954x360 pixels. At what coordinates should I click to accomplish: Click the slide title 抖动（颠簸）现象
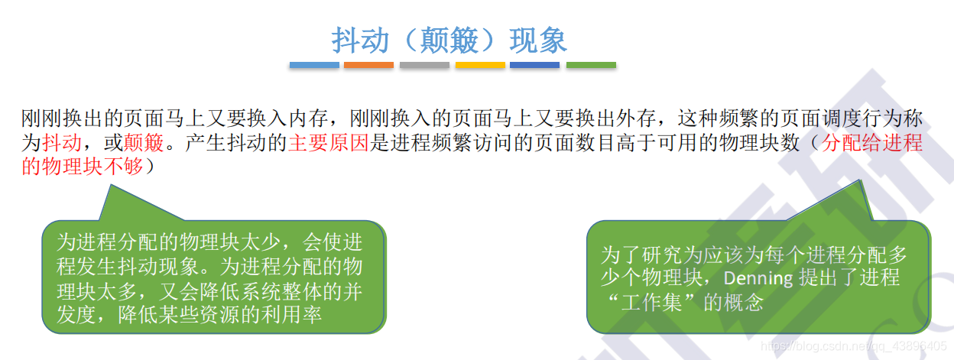click(449, 40)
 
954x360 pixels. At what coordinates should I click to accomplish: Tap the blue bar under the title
click(313, 66)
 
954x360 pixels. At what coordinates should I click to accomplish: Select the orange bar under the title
click(368, 66)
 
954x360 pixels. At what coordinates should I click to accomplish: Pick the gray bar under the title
click(423, 66)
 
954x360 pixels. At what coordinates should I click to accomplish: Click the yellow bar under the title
click(480, 66)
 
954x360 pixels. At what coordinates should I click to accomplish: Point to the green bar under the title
click(591, 66)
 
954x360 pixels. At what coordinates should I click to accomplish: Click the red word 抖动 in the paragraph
click(62, 142)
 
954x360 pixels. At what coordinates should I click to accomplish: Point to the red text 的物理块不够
click(82, 166)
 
